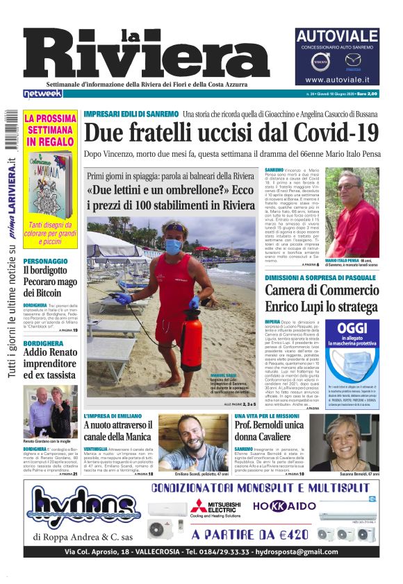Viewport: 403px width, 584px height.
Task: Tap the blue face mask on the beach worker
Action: click(173, 246)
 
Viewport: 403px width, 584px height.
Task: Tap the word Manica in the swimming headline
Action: click(130, 436)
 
